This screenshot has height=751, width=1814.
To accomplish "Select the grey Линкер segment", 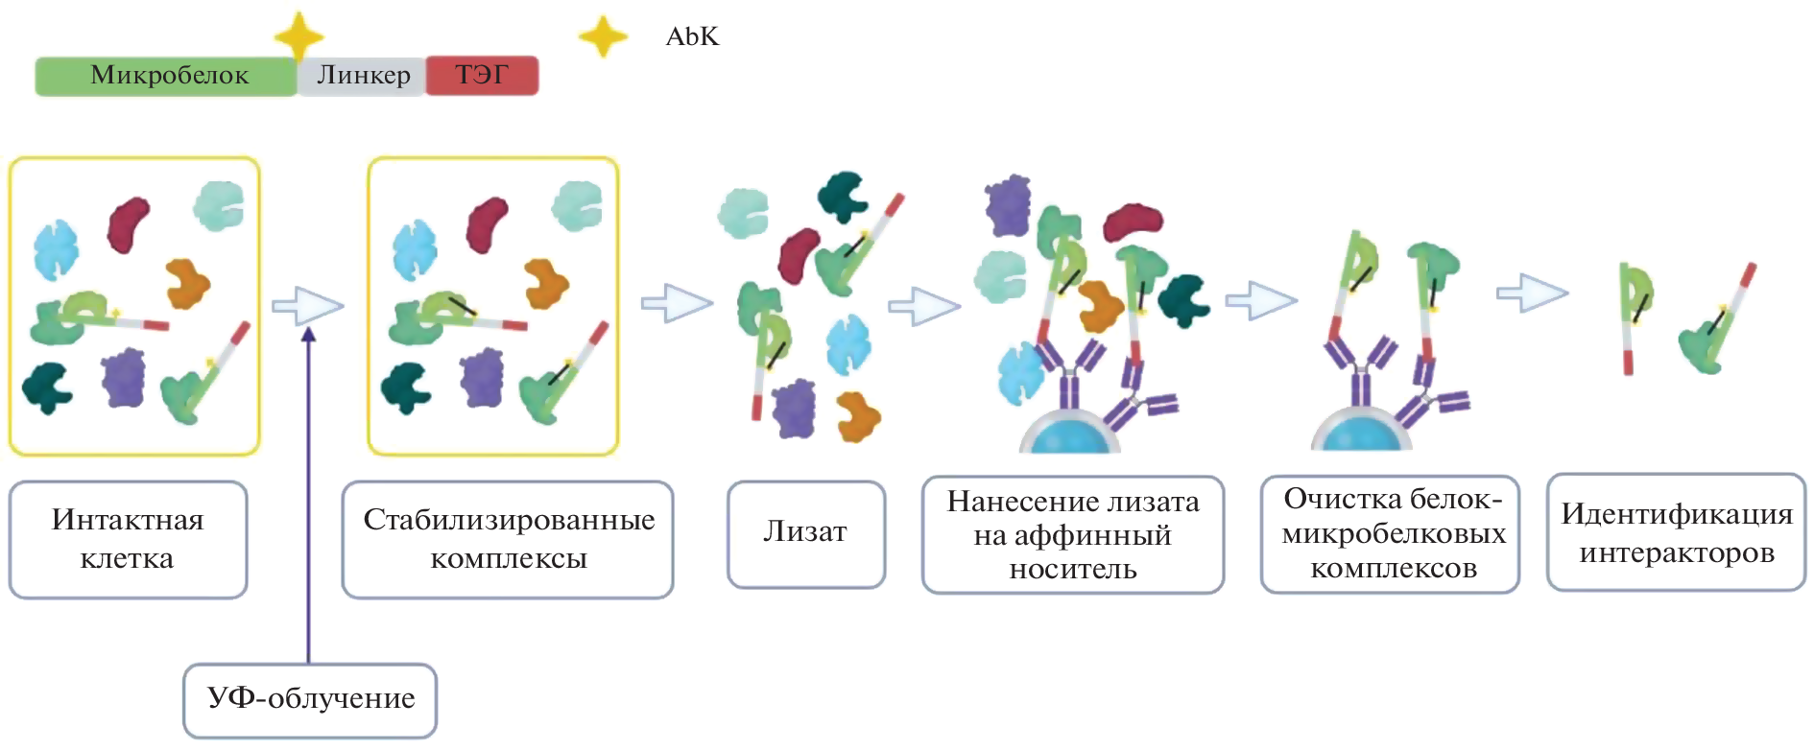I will pyautogui.click(x=363, y=76).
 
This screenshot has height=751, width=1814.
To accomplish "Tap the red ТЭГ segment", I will pyautogui.click(x=482, y=76).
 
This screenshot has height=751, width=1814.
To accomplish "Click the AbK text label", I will pyautogui.click(x=692, y=36).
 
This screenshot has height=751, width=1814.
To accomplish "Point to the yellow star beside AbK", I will pyautogui.click(x=603, y=36).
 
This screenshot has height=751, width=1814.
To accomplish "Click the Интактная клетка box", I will pyautogui.click(x=128, y=539).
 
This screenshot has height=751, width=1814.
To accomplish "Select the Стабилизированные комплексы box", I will pyautogui.click(x=508, y=539).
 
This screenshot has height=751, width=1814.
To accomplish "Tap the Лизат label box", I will pyautogui.click(x=805, y=533).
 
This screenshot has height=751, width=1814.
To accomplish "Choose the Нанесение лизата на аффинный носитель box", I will pyautogui.click(x=1072, y=535).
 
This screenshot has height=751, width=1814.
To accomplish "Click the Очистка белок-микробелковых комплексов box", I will pyautogui.click(x=1390, y=533).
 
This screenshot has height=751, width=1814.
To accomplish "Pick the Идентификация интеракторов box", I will pyautogui.click(x=1676, y=532).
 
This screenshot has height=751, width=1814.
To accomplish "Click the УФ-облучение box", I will pyautogui.click(x=310, y=699).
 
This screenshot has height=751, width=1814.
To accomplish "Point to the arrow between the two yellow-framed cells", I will pyautogui.click(x=307, y=306).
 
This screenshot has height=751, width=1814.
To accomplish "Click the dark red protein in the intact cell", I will pyautogui.click(x=128, y=224).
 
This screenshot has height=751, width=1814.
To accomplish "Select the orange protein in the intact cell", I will pyautogui.click(x=186, y=283).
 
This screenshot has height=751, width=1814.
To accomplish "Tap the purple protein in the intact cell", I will pyautogui.click(x=124, y=378).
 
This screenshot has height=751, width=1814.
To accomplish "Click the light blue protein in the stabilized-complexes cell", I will pyautogui.click(x=414, y=249).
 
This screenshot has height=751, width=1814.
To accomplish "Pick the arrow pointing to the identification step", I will pyautogui.click(x=1532, y=293).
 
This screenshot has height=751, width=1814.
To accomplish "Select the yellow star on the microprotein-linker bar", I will pyautogui.click(x=298, y=37).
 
